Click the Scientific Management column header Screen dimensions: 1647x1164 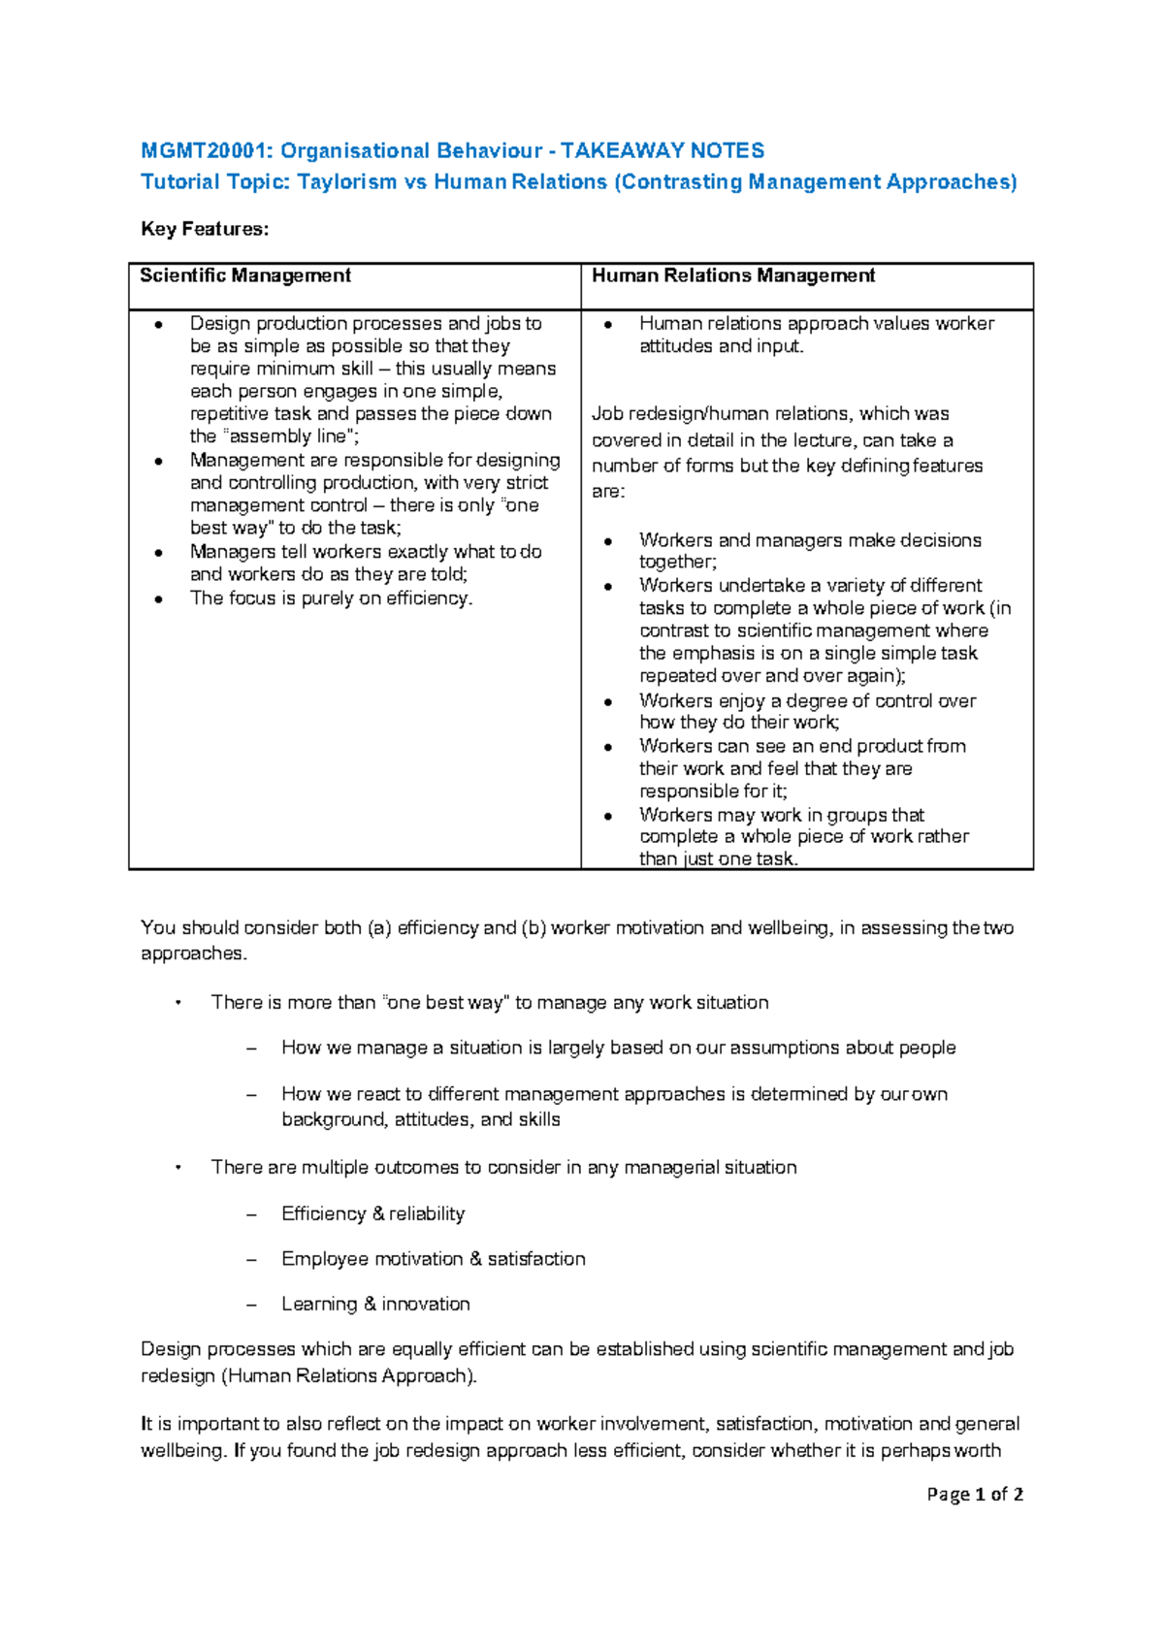(245, 275)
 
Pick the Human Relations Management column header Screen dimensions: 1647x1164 (733, 275)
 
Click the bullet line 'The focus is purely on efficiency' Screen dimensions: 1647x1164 (331, 598)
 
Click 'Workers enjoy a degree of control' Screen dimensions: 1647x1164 (807, 700)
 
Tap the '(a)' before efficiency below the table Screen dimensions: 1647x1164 (378, 928)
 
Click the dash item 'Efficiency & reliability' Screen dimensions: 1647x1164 (372, 1213)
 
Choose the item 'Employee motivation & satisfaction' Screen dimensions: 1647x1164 (433, 1259)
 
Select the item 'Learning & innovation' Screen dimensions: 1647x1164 (375, 1305)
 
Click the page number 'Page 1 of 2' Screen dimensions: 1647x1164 (974, 1495)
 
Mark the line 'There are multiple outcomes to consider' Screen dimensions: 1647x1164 (503, 1168)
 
